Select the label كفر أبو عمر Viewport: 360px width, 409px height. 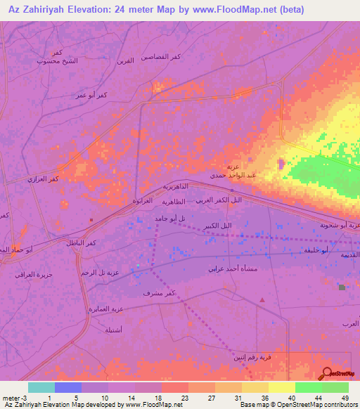pyautogui.click(x=92, y=95)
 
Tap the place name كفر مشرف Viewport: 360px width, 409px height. pyautogui.click(x=158, y=292)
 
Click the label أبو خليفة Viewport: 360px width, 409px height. pyautogui.click(x=311, y=251)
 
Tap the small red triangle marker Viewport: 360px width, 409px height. pyautogui.click(x=262, y=300)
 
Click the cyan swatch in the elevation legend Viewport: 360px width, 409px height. pyautogui.click(x=41, y=387)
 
